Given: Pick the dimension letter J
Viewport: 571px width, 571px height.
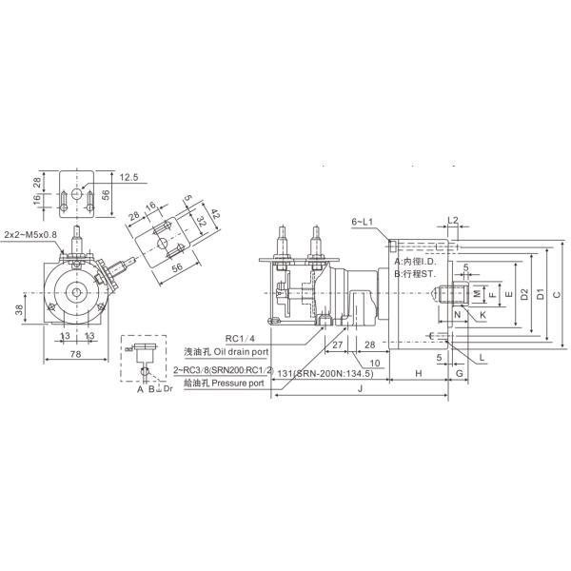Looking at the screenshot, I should click(x=359, y=389).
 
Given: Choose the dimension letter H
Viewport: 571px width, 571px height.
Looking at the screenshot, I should click(x=418, y=375).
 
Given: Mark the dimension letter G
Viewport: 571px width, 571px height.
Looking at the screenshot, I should click(x=459, y=375).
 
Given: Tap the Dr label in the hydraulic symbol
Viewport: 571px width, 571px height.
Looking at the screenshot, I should click(x=167, y=389).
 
